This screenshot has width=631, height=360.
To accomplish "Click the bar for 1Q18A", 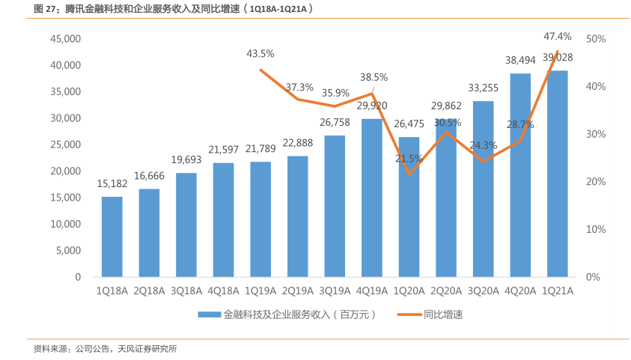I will click(112, 237).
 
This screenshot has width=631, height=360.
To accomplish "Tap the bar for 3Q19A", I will click(334, 206).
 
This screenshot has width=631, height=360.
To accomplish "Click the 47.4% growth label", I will click(558, 36).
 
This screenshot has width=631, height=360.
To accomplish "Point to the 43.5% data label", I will click(260, 53).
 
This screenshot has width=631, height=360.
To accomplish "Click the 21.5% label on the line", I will click(409, 159).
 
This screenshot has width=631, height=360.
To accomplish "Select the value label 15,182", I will click(112, 183).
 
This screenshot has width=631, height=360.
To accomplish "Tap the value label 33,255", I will click(484, 88).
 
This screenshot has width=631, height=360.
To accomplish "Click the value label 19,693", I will click(186, 159).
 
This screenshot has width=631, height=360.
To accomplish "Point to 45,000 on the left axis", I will click(66, 39).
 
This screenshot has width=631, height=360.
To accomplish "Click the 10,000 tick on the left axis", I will click(66, 224).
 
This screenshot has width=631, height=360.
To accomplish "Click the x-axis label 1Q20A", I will click(409, 291).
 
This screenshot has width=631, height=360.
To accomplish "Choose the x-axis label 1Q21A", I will click(558, 291).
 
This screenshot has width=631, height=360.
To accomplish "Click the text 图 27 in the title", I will click(46, 9).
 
